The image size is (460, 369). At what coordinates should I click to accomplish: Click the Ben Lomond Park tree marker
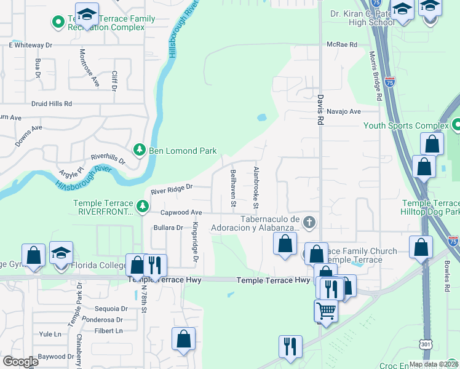click(x=140, y=150)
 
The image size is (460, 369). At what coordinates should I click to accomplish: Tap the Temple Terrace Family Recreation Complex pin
click(x=59, y=23)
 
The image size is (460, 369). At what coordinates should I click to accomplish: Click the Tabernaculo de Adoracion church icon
click(x=309, y=221)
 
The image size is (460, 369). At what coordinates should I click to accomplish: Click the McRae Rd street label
click(x=342, y=44)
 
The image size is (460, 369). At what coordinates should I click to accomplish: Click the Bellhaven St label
click(x=233, y=187)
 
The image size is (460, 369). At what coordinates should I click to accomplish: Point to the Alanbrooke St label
click(x=256, y=182)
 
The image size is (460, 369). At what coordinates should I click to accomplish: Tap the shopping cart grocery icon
click(x=326, y=311)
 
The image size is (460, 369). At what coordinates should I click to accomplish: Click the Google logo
click(x=20, y=362)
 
